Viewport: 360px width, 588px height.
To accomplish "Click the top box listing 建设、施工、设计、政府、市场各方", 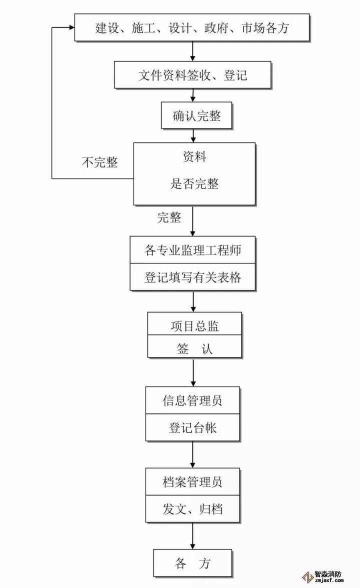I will pos(192,28).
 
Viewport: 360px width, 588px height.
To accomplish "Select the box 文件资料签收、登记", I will pos(192,75).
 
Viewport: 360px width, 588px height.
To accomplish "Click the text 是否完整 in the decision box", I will pos(194,183).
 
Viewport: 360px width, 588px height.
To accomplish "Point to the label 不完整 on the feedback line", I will pos(100,162).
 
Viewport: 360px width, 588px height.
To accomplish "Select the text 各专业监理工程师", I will pos(192,250).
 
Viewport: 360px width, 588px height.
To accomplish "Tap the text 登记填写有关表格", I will pos(192,277).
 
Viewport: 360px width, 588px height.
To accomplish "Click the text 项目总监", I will pos(194,326).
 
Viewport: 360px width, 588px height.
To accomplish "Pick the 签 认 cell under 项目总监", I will pos(194,348).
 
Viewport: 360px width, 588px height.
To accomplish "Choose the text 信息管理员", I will pos(192,400).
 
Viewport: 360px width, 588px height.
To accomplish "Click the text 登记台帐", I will pos(192,428).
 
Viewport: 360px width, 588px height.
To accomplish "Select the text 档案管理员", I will pos(192,482).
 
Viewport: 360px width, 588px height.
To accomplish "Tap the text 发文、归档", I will pos(192,509).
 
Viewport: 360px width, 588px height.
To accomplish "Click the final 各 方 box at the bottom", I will pos(192,563).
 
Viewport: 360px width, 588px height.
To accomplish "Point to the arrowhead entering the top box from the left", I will pos(70,28).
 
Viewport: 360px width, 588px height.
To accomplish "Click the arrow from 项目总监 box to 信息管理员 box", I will pos(193,372).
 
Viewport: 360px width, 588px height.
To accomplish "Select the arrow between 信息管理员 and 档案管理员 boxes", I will pos(193,454).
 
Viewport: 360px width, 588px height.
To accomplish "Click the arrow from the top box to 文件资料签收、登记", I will pos(193,51).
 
